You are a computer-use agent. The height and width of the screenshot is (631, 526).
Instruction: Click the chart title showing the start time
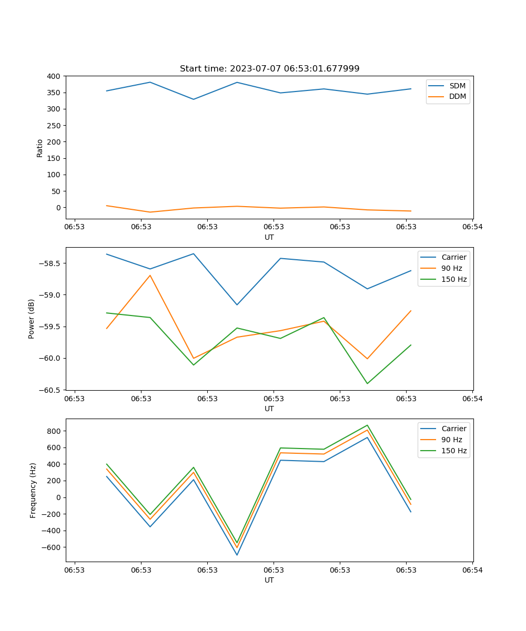269,69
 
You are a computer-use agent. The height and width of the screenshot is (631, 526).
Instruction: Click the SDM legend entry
457,86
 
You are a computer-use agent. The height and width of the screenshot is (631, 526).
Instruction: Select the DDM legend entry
457,97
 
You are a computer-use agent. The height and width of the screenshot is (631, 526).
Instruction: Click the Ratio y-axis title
40,148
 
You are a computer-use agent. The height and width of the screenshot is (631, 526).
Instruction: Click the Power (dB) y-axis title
32,319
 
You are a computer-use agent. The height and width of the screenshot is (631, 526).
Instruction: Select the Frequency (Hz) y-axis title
33,490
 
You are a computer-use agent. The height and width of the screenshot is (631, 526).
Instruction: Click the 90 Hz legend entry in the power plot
451,268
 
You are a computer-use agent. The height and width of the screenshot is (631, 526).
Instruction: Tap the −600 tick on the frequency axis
52,547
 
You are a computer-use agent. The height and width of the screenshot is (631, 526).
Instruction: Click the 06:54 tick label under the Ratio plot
472,227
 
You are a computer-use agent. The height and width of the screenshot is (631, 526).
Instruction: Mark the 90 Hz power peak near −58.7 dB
150,275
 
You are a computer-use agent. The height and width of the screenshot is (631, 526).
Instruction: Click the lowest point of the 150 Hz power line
367,383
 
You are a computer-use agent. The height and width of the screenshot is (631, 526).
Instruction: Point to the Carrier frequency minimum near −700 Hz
237,555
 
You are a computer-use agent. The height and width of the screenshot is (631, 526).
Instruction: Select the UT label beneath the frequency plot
269,580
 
